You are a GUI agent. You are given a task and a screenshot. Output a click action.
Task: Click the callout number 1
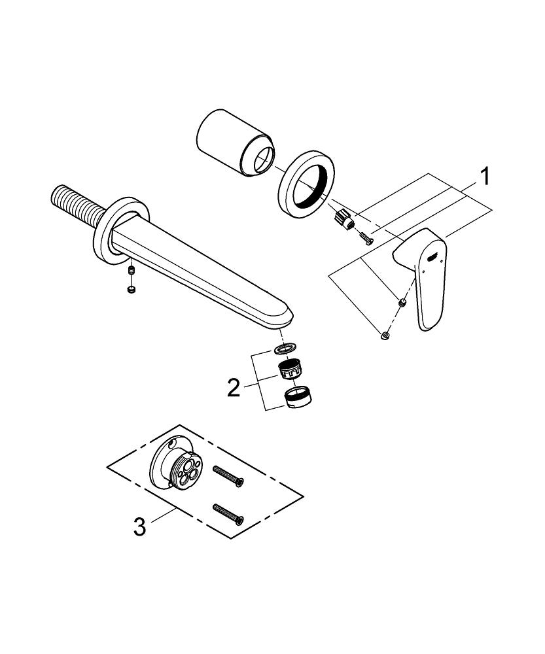483,177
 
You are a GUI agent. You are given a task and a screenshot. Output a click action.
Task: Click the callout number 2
234,388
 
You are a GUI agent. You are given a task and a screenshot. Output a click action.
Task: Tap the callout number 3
140,526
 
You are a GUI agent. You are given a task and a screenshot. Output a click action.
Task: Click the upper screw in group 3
228,476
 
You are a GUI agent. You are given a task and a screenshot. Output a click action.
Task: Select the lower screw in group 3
228,514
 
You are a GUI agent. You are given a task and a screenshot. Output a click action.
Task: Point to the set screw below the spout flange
132,271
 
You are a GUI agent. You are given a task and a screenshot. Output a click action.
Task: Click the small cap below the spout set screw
132,290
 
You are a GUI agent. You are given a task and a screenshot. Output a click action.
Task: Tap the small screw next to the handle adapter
366,239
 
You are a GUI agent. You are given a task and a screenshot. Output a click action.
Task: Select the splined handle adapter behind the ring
345,219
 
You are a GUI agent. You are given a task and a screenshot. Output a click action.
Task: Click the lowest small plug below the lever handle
385,334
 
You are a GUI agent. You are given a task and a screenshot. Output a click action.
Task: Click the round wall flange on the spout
121,230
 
